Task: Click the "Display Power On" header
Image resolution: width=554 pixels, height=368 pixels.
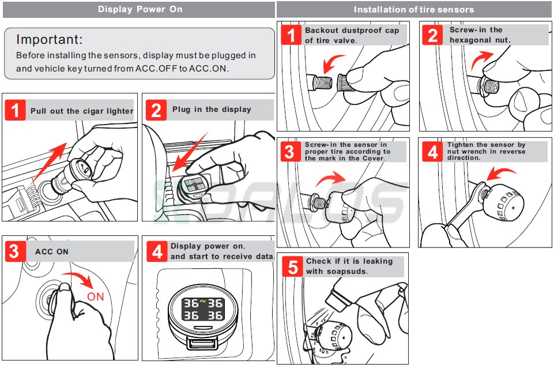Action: click(140, 9)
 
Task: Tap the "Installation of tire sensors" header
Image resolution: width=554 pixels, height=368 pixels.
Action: click(413, 9)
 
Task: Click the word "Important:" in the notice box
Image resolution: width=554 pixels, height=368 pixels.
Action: click(49, 40)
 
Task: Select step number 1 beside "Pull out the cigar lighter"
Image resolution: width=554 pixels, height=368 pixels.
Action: click(15, 110)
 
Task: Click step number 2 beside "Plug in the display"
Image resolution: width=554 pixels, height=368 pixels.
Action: click(156, 110)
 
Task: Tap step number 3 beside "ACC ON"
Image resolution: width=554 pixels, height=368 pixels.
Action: click(15, 251)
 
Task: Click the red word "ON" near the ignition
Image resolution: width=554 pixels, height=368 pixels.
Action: click(96, 296)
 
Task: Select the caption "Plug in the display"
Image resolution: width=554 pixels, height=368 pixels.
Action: click(212, 110)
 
